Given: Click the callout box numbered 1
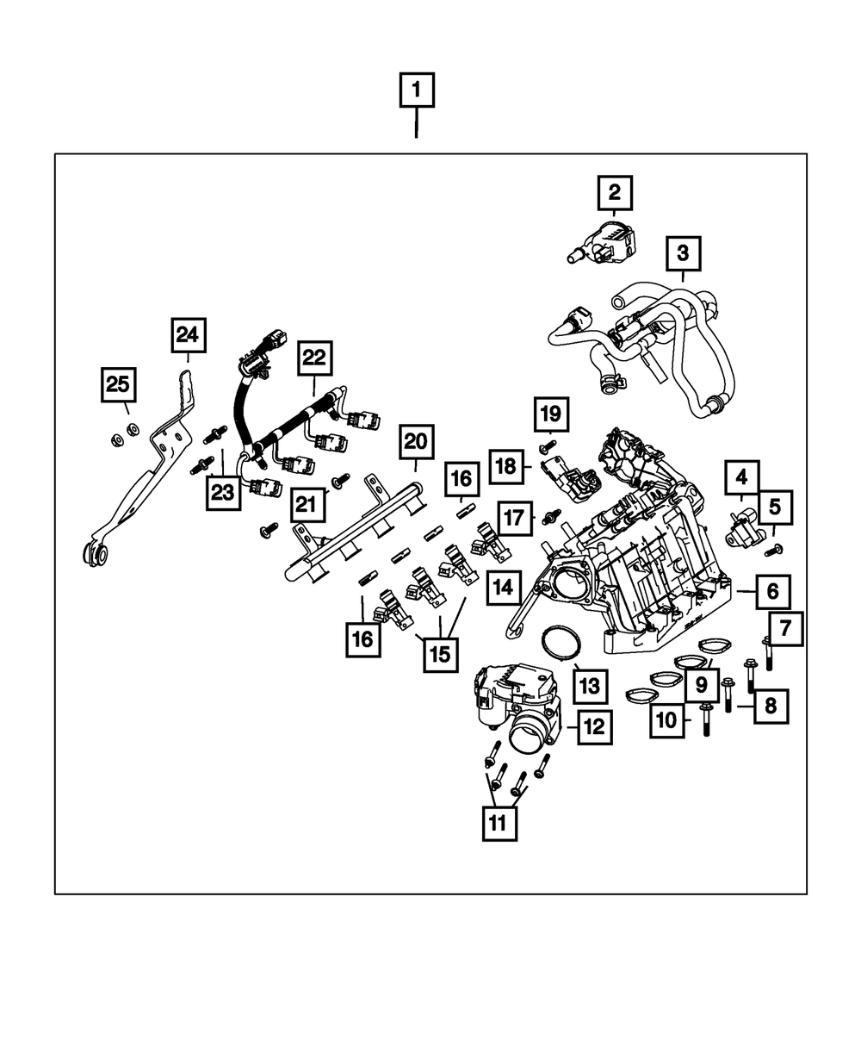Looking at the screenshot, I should click(x=417, y=90).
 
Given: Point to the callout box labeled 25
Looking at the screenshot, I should click(x=118, y=384).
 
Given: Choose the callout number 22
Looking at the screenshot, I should click(x=314, y=358).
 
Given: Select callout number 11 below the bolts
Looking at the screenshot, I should click(x=499, y=824).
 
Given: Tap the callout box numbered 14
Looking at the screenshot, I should click(x=503, y=588).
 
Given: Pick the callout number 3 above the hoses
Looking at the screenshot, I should click(x=682, y=254).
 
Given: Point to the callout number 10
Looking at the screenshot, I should click(x=667, y=719).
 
